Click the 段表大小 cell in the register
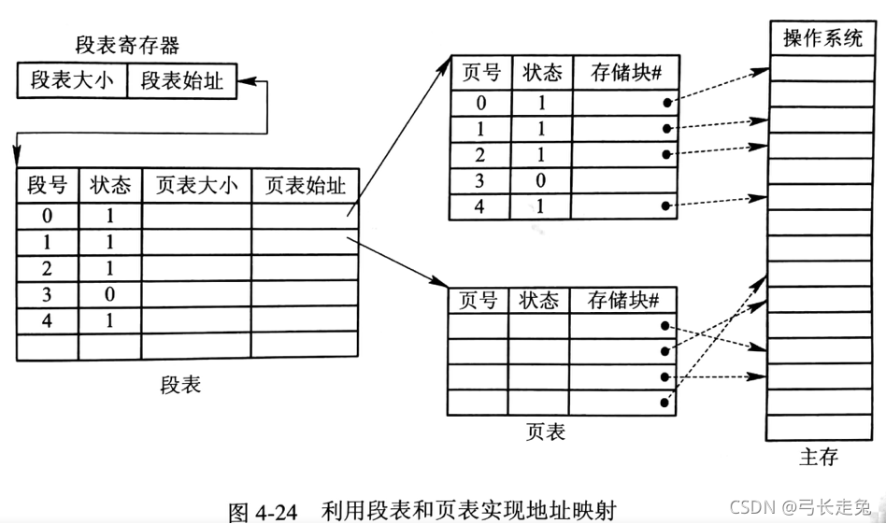72,80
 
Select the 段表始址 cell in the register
182,80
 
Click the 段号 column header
47,185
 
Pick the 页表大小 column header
196,185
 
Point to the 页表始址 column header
305,185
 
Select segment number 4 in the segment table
47,319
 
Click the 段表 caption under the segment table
180,385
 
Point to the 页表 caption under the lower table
546,432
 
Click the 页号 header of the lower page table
479,301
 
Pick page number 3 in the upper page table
480,179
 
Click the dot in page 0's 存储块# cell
666,102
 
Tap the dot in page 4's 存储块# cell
666,205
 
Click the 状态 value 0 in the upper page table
540,179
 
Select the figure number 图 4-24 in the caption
263,512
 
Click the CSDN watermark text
753,506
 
